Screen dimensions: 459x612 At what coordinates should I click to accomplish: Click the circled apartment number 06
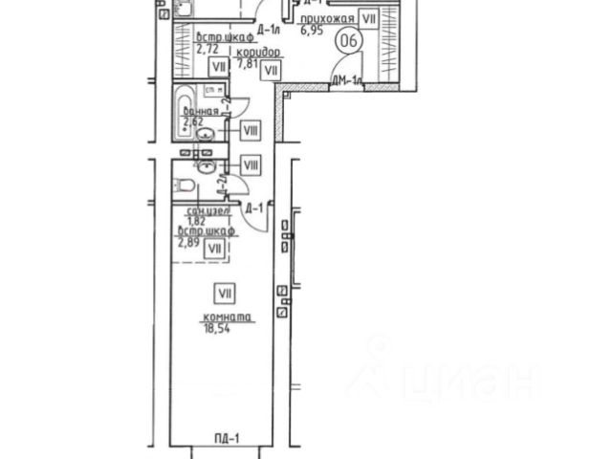tap(350, 40)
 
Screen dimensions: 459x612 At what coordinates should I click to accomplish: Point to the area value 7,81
tap(248, 65)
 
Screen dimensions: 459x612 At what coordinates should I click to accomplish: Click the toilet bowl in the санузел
tap(188, 185)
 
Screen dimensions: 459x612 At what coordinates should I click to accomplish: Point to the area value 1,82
tap(195, 220)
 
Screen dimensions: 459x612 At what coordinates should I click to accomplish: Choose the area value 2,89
tap(189, 242)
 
